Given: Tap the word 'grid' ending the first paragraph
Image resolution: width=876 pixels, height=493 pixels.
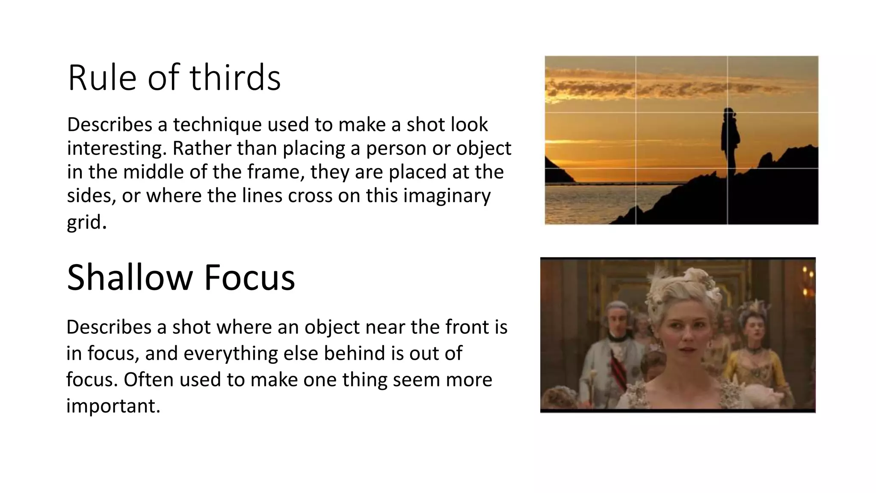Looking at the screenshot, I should (86, 222).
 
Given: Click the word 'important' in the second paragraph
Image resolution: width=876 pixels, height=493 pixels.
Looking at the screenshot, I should (113, 405).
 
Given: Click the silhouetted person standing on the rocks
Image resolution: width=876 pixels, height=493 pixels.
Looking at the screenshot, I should (730, 141).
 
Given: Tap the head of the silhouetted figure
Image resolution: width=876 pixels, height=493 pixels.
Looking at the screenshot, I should (728, 113).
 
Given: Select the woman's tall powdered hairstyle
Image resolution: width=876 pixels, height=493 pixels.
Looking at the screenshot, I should (680, 287).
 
